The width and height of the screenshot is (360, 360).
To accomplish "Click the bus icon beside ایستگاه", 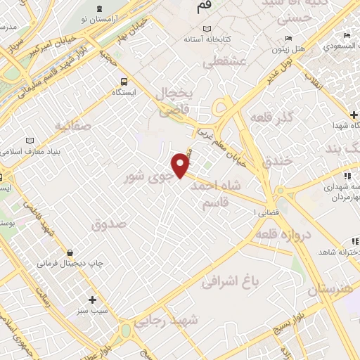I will coord(124,80).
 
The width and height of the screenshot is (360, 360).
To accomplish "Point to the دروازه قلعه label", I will coord(281,233).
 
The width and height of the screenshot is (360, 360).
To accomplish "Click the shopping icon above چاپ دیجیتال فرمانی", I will coord(70,252).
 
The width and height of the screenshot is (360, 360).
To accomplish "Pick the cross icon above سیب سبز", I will coord(92,300).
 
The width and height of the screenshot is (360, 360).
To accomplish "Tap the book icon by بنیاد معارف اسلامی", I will coord(29,141).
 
